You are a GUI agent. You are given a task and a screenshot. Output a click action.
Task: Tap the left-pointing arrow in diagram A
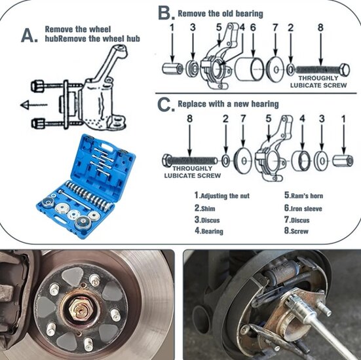[x=34, y=105]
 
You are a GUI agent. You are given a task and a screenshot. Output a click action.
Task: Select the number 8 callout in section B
[x=320, y=27]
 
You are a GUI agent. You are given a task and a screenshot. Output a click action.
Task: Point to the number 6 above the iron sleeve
[x=253, y=27]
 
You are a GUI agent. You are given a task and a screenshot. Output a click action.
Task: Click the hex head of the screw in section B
[x=345, y=70]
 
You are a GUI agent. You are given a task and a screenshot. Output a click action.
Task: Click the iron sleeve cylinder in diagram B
[x=250, y=69]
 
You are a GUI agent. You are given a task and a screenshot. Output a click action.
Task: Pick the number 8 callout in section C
[x=189, y=118]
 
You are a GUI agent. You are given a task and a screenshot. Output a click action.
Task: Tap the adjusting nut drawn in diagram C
[x=343, y=160]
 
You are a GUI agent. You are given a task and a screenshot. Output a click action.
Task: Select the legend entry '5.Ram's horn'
[x=303, y=195]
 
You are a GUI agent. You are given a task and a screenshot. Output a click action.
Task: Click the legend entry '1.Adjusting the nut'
[x=222, y=196]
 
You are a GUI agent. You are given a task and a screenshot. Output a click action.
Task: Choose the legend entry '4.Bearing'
[x=209, y=230]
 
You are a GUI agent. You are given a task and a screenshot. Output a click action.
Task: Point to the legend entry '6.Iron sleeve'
[x=303, y=208]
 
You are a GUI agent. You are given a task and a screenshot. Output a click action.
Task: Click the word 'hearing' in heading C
[x=265, y=104]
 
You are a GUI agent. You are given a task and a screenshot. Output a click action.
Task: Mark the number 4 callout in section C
[x=302, y=118]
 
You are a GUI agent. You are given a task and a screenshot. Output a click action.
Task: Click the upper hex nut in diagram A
[x=37, y=86]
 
